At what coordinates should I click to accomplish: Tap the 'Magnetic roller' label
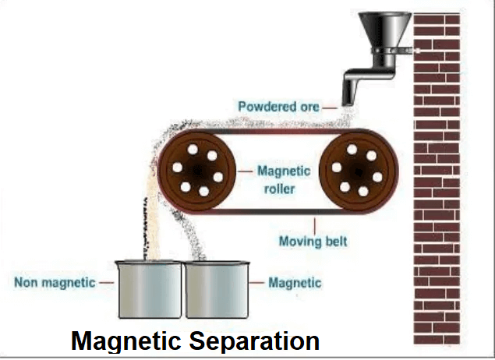(x=284, y=178)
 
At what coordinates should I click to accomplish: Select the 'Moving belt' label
(x=313, y=241)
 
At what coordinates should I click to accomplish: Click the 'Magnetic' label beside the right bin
(x=294, y=282)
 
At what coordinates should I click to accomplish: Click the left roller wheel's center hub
(x=197, y=169)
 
